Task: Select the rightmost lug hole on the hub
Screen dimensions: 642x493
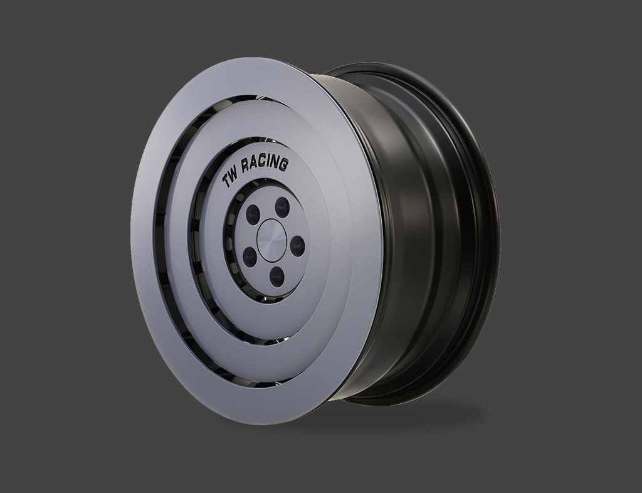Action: pos(298,245)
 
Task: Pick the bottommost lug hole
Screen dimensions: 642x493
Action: pos(276,277)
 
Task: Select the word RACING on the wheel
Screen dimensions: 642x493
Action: pos(266,164)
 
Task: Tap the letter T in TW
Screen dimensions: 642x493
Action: pos(225,181)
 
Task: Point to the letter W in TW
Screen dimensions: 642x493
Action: pos(234,175)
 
